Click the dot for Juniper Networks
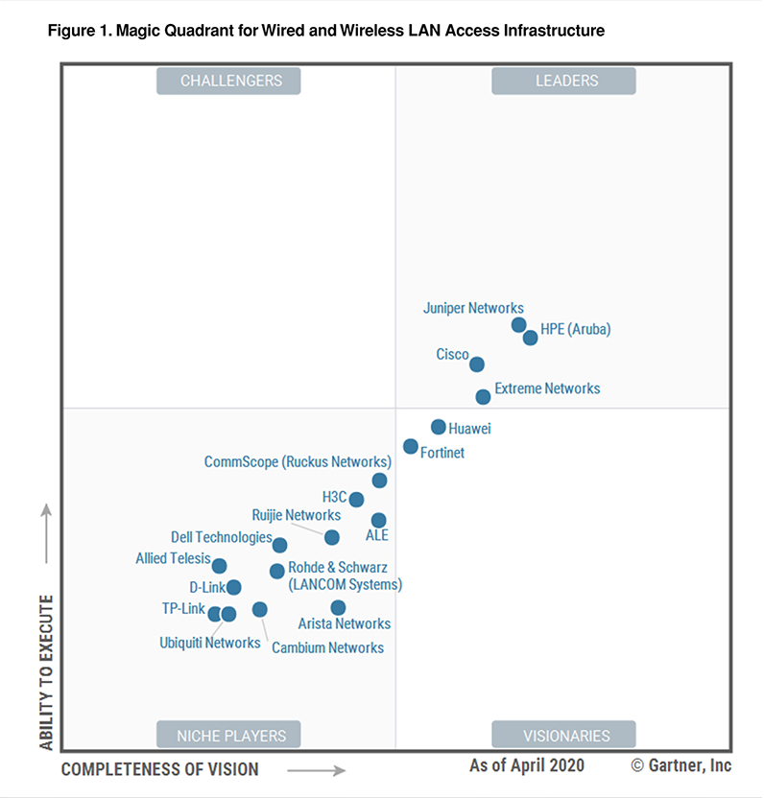pos(519,325)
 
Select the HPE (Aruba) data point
pos(530,338)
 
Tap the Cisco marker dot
pos(477,364)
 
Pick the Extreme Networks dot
pos(483,397)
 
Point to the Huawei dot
pos(438,427)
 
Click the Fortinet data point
pos(411,446)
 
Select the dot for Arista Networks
pos(338,607)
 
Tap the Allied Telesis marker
pos(219,566)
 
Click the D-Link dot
pos(233,587)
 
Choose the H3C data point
pos(356,500)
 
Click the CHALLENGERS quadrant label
pos(228,82)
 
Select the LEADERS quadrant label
pos(563,82)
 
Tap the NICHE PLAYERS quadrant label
pos(228,736)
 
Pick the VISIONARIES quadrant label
pos(563,736)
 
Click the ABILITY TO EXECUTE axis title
pos(45,671)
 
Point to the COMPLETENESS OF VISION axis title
pos(159,769)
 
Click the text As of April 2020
pos(526,765)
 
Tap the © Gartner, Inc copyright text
pos(680,765)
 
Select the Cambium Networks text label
pos(327,647)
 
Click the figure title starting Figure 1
pos(325,32)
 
